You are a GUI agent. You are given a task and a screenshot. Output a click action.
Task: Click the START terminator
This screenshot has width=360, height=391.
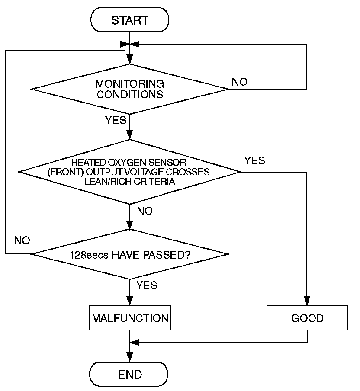click(x=130, y=20)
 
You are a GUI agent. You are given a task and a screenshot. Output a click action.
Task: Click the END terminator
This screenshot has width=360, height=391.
click(x=129, y=374)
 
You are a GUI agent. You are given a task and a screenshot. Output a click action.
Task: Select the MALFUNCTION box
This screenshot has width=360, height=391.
click(x=130, y=318)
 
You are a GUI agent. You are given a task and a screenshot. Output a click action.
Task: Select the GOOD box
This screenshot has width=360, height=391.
click(x=307, y=318)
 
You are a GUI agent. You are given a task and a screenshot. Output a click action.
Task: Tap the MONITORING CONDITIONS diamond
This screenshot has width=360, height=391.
click(x=129, y=89)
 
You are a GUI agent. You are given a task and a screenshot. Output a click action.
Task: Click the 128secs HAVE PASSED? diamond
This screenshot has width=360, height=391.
click(x=130, y=254)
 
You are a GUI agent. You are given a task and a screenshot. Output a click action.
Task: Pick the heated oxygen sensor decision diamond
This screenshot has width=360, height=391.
click(x=130, y=172)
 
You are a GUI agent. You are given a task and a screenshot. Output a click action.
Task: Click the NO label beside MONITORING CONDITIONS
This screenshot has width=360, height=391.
click(x=240, y=82)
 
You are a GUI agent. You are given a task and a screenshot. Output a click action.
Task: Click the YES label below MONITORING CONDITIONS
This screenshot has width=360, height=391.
click(x=116, y=120)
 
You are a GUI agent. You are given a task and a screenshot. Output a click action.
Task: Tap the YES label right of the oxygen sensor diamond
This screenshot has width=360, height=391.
click(x=254, y=160)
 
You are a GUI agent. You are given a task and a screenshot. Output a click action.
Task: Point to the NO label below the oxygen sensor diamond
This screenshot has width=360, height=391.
click(x=145, y=211)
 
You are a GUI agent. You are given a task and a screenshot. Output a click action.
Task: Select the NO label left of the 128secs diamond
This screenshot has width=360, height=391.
click(x=22, y=240)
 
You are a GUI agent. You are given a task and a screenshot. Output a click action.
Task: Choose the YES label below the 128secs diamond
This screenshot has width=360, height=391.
click(x=147, y=285)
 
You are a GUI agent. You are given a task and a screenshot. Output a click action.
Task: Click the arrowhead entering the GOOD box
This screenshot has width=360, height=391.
click(x=307, y=301)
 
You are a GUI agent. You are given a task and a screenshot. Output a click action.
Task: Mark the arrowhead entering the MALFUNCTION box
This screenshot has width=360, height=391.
click(x=130, y=301)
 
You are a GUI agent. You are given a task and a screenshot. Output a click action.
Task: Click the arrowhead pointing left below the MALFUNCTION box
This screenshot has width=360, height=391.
click(x=135, y=343)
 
